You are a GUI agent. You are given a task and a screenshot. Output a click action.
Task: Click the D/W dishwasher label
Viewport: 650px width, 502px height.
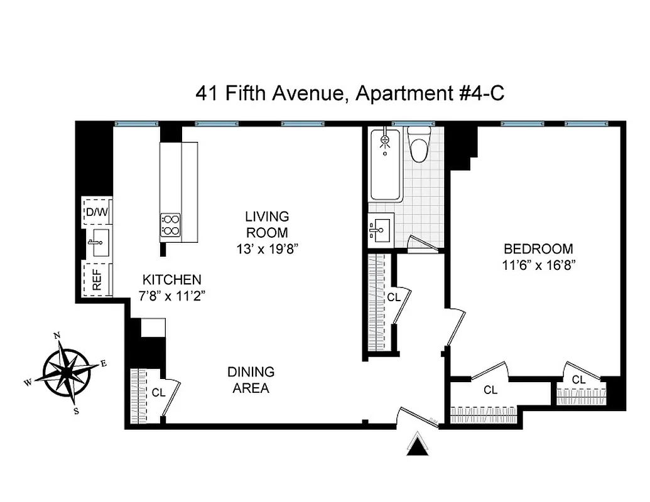[97, 212]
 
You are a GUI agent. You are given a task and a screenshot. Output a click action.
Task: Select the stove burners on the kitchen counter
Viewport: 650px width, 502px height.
[171, 225]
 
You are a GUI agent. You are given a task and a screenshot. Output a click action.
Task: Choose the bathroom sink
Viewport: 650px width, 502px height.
[380, 229]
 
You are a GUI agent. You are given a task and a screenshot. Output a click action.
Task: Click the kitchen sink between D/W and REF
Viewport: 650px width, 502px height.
[98, 243]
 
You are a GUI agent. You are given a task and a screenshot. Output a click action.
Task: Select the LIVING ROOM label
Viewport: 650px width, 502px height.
[267, 224]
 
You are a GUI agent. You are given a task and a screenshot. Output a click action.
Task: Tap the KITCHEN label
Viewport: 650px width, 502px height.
[171, 280]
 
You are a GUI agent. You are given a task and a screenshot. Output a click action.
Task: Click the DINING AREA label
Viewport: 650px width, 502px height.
[251, 380]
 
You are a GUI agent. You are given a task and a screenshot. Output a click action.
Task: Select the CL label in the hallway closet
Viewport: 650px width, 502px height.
[394, 297]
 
